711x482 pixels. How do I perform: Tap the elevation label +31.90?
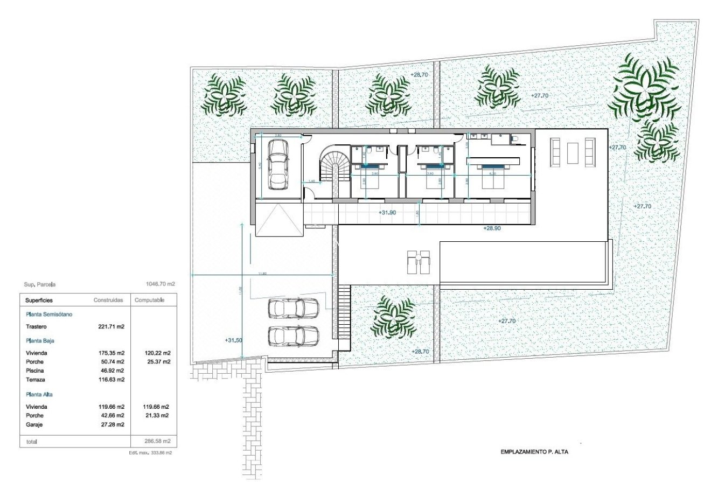(x=387, y=213)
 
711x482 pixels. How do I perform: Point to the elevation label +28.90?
(x=492, y=228)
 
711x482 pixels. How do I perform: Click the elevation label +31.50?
(x=233, y=340)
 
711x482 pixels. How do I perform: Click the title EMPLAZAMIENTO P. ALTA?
(x=534, y=452)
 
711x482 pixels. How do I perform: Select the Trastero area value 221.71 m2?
(x=109, y=327)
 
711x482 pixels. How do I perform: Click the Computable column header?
(x=149, y=300)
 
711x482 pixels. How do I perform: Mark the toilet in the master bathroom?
(x=515, y=140)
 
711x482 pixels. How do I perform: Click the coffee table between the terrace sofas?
(x=572, y=151)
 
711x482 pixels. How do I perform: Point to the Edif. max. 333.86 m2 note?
(x=150, y=453)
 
